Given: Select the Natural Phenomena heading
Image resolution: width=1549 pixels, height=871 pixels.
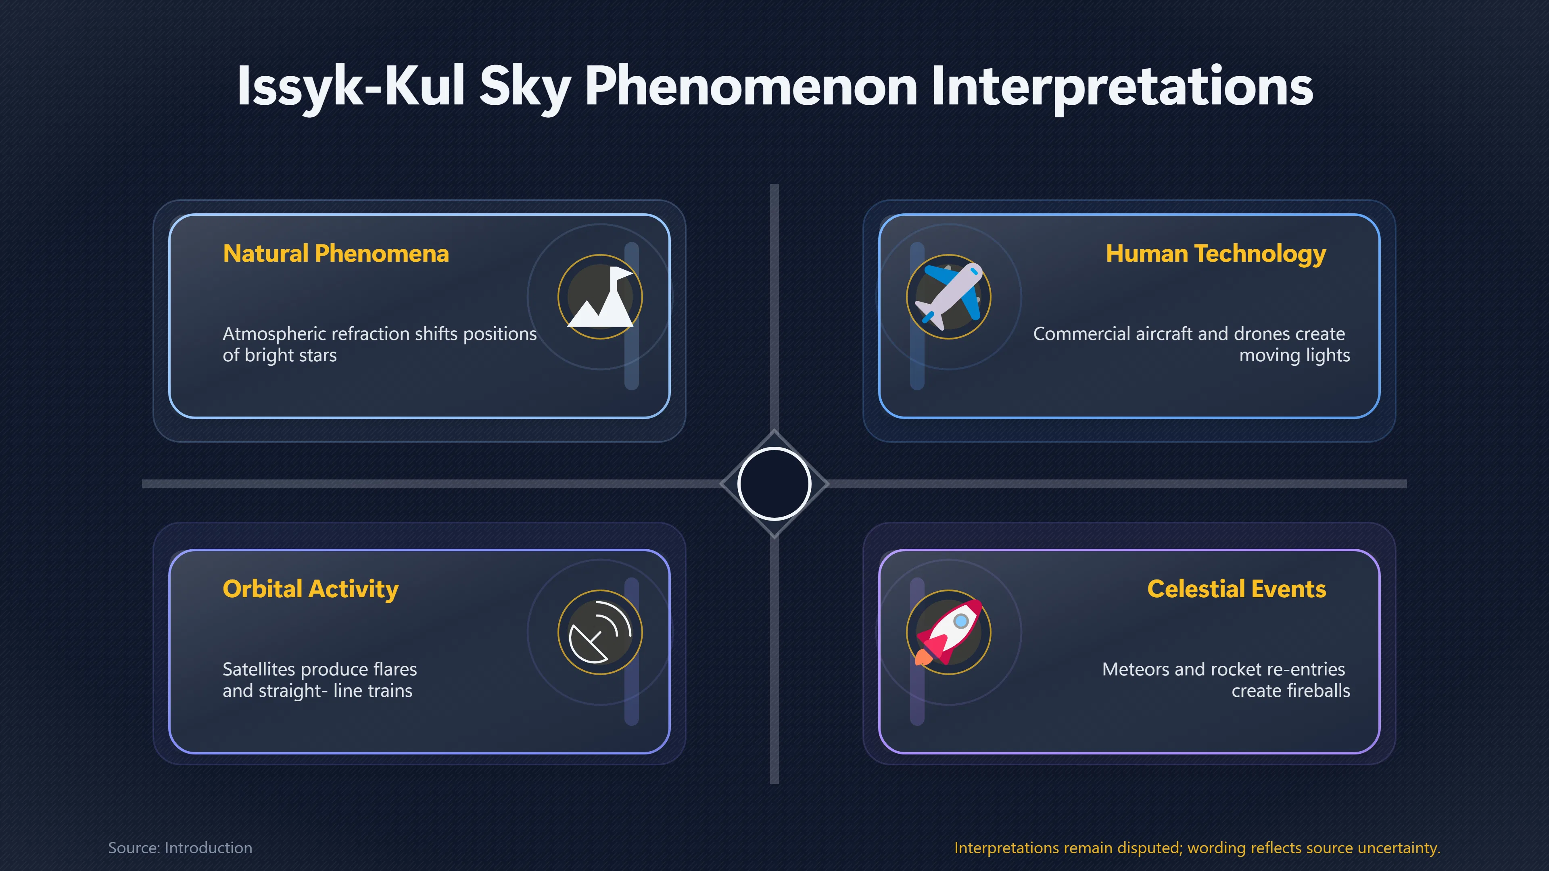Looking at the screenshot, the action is (336, 254).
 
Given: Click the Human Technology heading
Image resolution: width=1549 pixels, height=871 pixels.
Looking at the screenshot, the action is (1216, 254).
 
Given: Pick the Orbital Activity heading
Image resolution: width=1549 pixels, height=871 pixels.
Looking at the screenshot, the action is (310, 589).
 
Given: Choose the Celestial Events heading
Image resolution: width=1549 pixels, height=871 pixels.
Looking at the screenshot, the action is (1236, 589).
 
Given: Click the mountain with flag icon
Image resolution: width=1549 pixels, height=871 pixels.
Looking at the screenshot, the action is (600, 297).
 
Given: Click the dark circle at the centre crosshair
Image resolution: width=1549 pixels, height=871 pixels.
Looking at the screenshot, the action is (774, 484).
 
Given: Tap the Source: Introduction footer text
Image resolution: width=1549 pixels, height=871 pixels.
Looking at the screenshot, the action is (180, 848).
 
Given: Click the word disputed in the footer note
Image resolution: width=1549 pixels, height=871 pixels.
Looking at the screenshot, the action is (1150, 848).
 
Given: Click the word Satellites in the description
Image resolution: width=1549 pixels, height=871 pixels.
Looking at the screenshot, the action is (259, 669).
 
